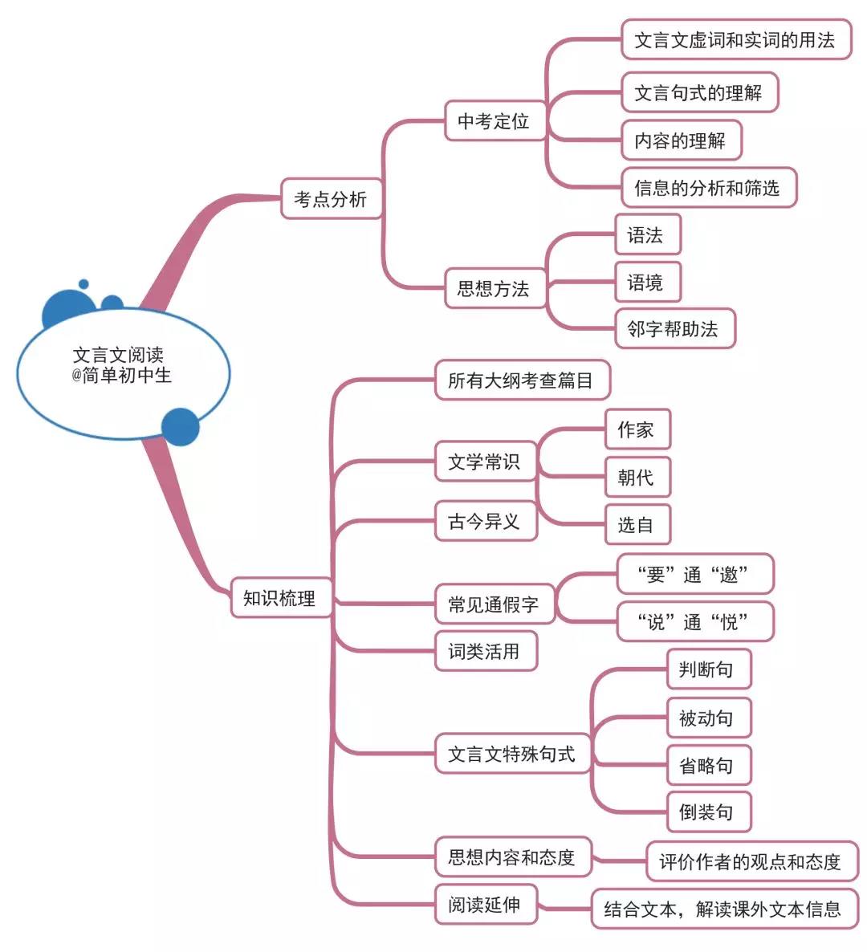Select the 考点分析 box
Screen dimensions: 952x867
[330, 199]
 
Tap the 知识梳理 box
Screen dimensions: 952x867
[280, 598]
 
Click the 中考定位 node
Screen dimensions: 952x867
[494, 121]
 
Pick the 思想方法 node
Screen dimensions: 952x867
[494, 289]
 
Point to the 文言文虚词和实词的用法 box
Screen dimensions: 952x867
[735, 40]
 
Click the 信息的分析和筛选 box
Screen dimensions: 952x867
[707, 188]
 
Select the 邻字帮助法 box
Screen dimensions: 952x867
[674, 329]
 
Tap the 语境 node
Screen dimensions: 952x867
[646, 283]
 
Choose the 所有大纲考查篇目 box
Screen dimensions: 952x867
[521, 380]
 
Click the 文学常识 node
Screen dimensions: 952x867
[484, 462]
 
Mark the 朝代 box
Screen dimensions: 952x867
[636, 478]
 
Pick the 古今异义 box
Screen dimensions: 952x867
[484, 522]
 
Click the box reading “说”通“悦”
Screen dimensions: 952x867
[694, 622]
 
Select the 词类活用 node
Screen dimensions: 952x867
[484, 651]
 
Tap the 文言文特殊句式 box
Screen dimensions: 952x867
[511, 754]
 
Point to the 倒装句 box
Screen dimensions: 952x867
[707, 812]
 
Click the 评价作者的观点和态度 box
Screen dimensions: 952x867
[751, 862]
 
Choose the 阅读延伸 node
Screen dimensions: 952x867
[484, 905]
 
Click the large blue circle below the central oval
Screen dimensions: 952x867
[180, 427]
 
